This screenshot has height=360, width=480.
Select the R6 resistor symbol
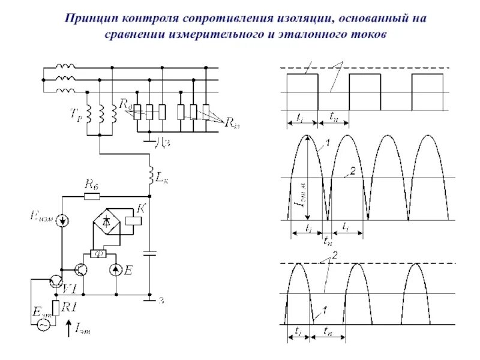tap(92, 196)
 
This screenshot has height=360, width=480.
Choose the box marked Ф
tap(98, 253)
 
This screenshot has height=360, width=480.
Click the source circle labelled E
tap(116, 269)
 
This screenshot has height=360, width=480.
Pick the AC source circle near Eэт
tap(43, 324)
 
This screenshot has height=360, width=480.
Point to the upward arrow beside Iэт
tap(67, 327)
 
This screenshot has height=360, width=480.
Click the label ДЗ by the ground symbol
tap(163, 142)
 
